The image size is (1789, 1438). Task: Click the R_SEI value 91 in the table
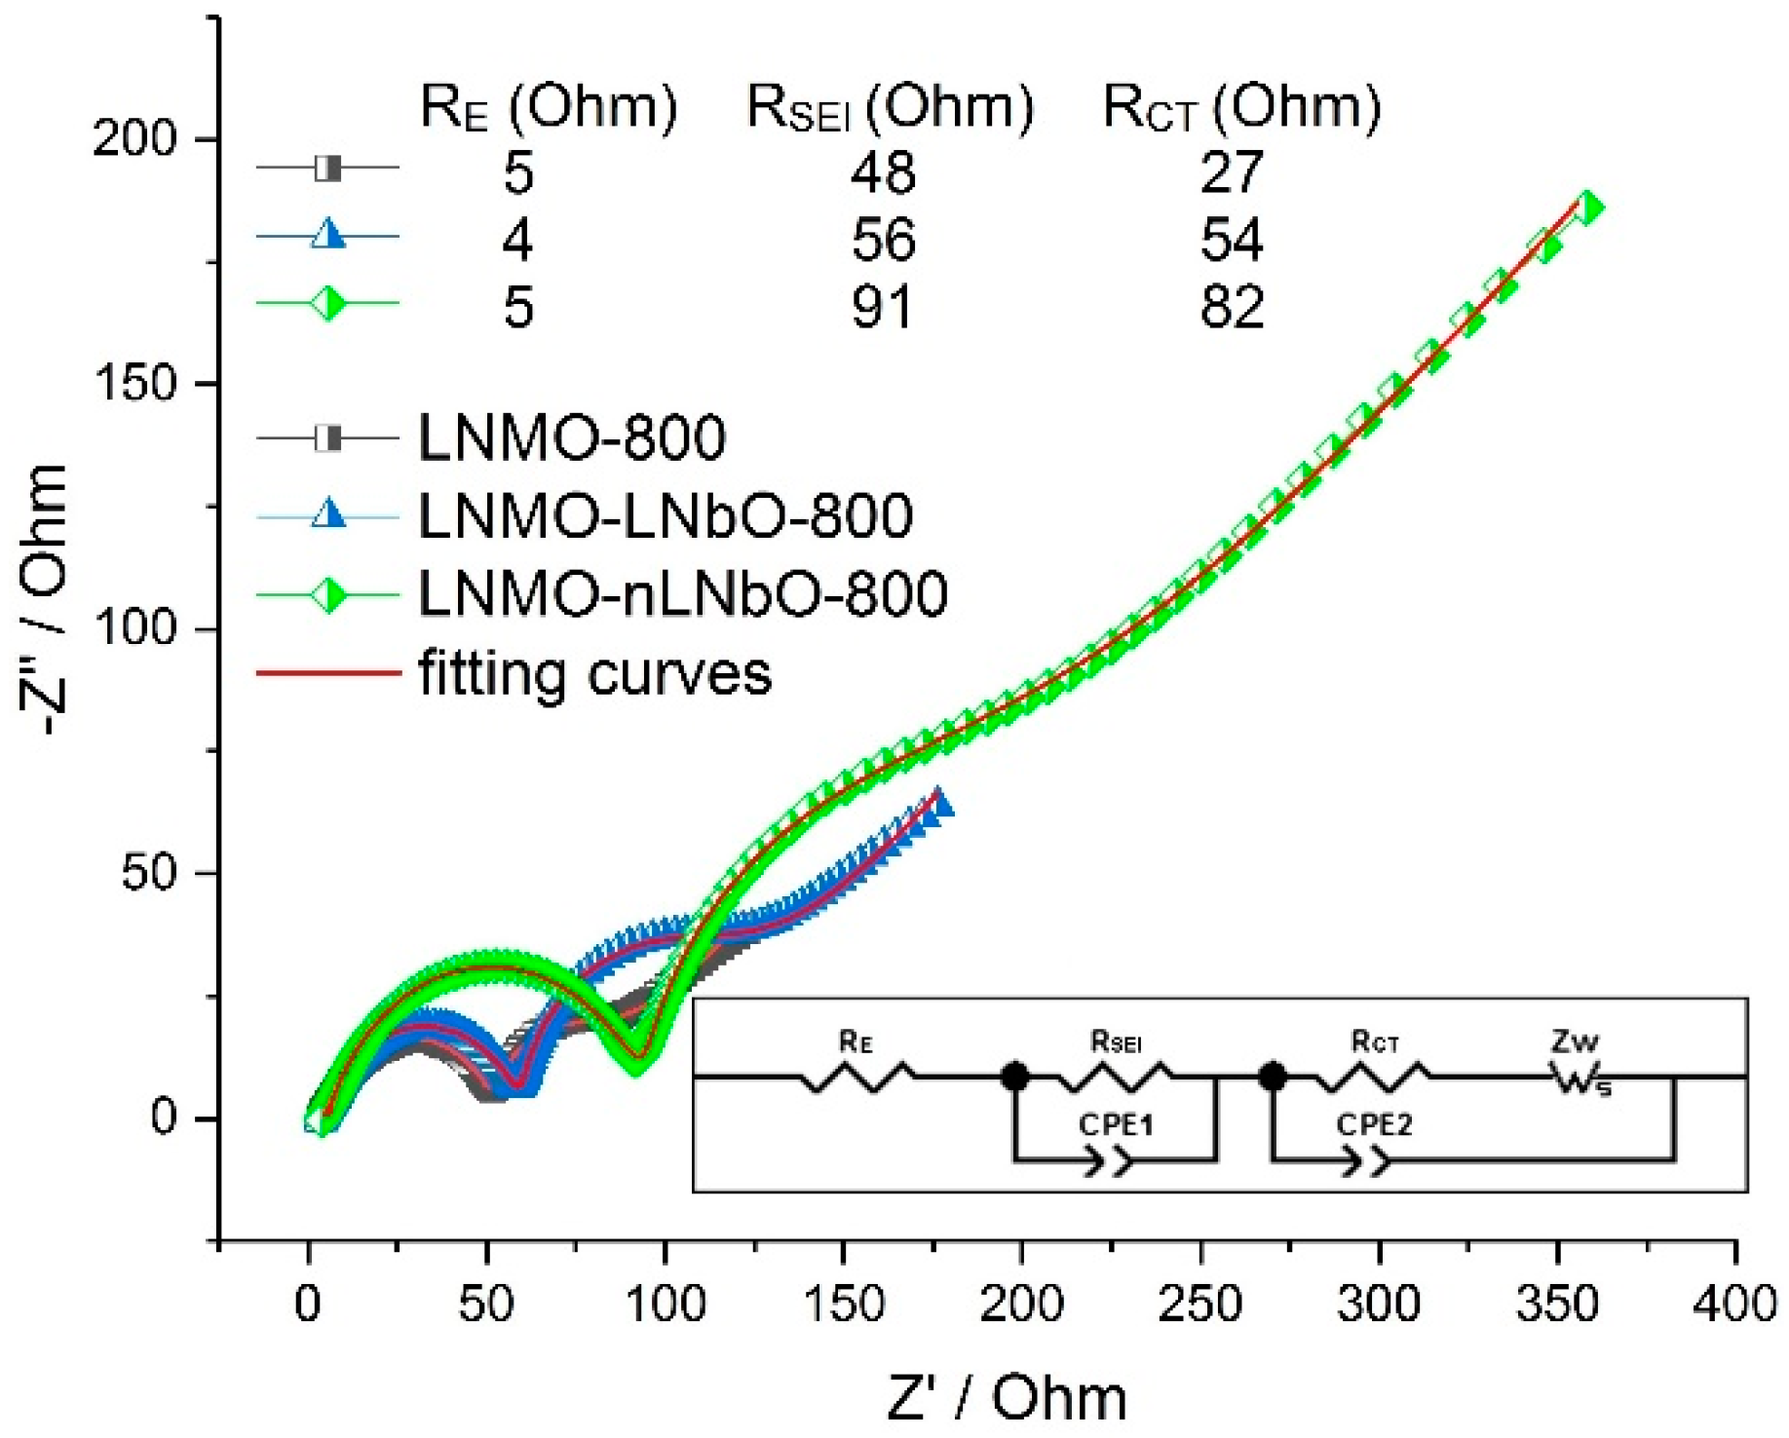coord(882,307)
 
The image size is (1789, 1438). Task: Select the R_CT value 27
coord(1232,172)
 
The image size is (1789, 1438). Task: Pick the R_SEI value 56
coord(883,240)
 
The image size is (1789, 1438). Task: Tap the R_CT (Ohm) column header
coord(1241,107)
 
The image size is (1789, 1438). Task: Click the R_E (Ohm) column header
coord(548,107)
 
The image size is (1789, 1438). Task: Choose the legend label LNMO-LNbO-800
coord(665,515)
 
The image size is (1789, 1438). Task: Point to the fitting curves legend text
coord(594,673)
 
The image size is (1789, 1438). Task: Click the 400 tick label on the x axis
coord(1735,1304)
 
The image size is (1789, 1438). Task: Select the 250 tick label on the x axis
coord(1199,1304)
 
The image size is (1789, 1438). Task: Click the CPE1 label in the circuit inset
coord(1116,1124)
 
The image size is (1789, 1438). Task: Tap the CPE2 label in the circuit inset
coord(1374,1124)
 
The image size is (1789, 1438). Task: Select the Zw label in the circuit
coord(1575,1042)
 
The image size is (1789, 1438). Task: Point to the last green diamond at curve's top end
coord(1588,208)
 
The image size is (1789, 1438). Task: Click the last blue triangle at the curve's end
coord(939,803)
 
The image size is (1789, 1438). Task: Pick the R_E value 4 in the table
coord(517,240)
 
